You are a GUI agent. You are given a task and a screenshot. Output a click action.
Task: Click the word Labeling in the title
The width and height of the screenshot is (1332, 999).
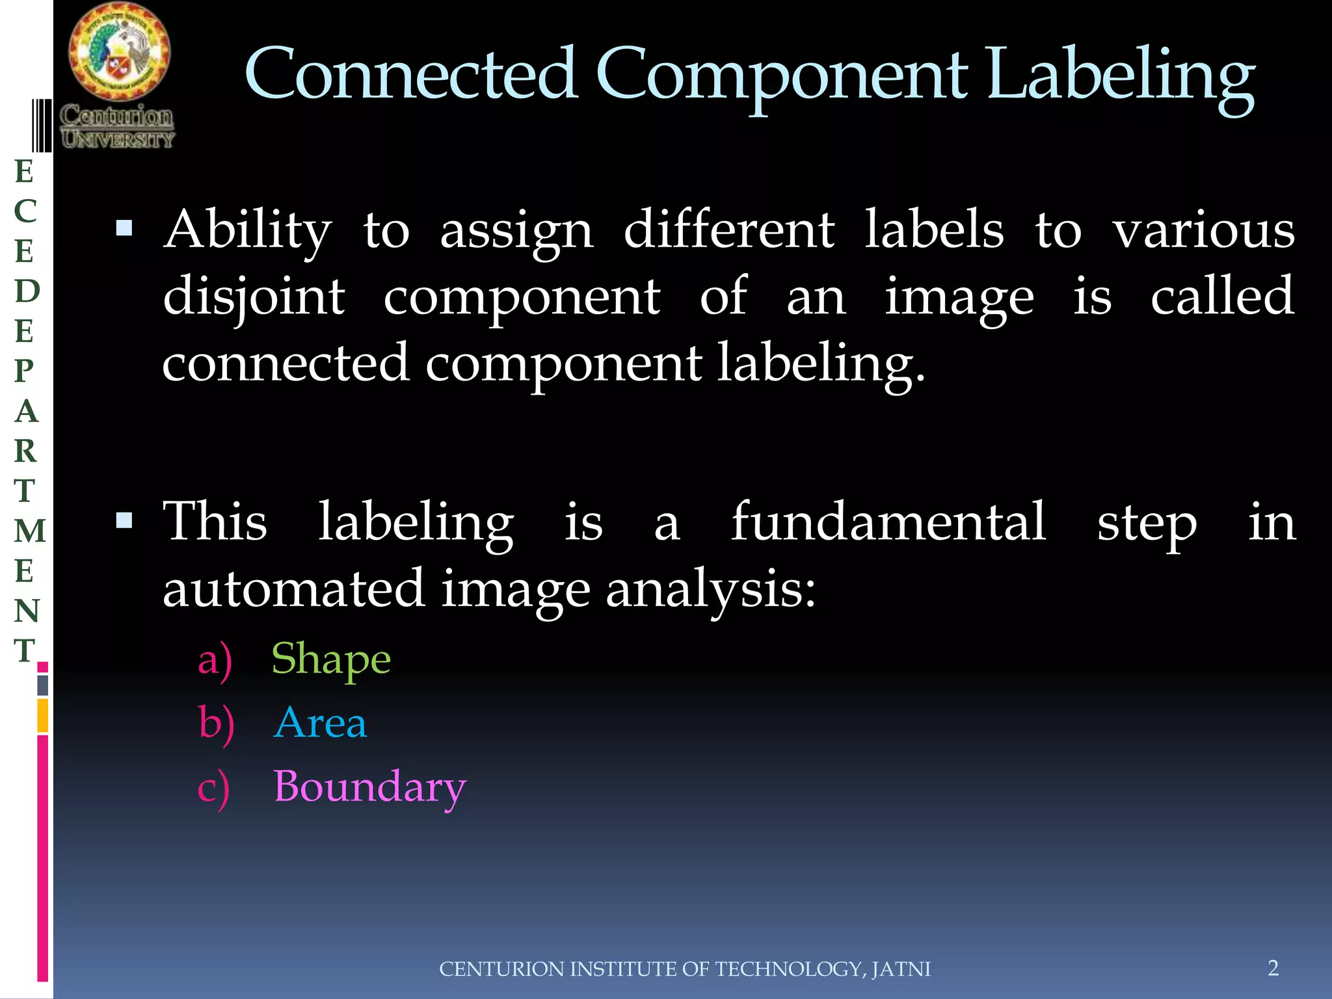pyautogui.click(x=1120, y=77)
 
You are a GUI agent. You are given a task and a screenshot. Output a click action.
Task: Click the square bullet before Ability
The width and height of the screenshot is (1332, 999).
pyautogui.click(x=124, y=228)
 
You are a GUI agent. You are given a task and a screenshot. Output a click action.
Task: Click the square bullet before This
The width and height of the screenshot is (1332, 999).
pyautogui.click(x=124, y=520)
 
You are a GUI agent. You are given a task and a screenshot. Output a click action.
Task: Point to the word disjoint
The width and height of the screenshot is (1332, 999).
pyautogui.click(x=254, y=297)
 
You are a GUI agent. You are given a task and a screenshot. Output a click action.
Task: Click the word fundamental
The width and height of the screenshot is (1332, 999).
pyautogui.click(x=888, y=522)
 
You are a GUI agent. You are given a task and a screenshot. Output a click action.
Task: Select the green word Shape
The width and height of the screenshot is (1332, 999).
pyautogui.click(x=331, y=659)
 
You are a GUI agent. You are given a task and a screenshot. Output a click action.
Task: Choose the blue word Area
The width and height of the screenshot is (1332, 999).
pyautogui.click(x=321, y=723)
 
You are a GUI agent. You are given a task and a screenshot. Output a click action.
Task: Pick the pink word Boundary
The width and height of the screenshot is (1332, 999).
pyautogui.click(x=369, y=787)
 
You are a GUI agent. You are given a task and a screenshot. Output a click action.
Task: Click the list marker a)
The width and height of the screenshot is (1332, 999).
pyautogui.click(x=215, y=661)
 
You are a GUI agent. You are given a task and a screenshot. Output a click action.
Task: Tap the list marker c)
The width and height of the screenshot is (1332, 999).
pyautogui.click(x=213, y=788)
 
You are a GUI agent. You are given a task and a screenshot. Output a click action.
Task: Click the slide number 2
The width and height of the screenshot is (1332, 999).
pyautogui.click(x=1273, y=968)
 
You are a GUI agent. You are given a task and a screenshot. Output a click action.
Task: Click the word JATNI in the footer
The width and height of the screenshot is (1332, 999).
pyautogui.click(x=901, y=969)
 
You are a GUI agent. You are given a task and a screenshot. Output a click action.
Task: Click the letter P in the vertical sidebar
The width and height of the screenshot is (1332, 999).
pyautogui.click(x=25, y=371)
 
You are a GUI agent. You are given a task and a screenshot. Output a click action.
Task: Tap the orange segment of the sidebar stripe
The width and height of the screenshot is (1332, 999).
pyautogui.click(x=43, y=715)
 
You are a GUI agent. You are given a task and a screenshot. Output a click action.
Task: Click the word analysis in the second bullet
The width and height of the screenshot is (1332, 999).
pyautogui.click(x=710, y=589)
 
